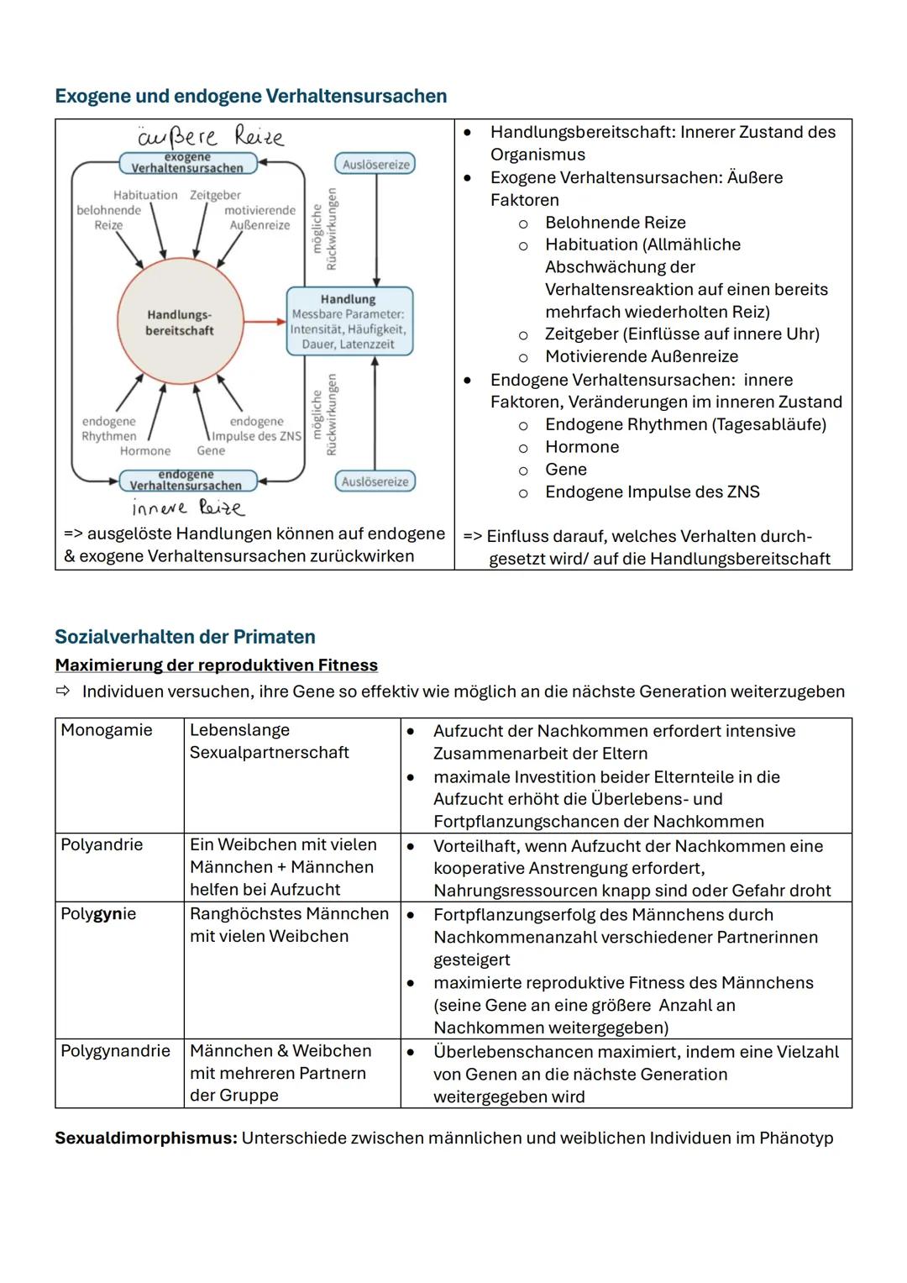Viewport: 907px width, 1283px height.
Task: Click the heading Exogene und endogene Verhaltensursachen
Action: point(250,96)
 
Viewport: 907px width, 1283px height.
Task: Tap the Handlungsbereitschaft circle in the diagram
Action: point(179,323)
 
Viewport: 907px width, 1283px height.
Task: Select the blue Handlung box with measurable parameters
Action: point(349,321)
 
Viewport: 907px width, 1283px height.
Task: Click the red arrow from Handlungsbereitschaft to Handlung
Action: point(265,321)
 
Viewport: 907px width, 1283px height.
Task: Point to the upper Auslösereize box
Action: point(375,164)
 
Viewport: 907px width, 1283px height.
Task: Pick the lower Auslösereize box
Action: point(375,481)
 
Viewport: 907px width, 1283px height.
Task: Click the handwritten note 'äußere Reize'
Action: point(210,136)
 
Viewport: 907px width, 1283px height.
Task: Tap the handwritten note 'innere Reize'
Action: point(187,507)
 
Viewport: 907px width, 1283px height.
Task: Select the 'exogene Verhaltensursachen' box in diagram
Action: point(187,163)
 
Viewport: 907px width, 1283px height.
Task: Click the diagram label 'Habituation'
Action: point(145,195)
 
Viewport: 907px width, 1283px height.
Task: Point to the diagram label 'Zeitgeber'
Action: point(215,195)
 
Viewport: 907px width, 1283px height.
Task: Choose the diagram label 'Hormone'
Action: point(144,451)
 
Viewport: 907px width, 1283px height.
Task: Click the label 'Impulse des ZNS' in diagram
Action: point(256,436)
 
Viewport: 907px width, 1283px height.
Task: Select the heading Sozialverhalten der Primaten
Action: point(185,637)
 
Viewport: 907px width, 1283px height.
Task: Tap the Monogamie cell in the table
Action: point(107,730)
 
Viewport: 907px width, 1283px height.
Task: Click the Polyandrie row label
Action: point(102,844)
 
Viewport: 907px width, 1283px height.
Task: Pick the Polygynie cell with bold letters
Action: point(98,913)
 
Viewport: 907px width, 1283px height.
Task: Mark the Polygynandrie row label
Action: point(115,1051)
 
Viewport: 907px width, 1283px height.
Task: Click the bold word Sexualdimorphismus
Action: point(145,1138)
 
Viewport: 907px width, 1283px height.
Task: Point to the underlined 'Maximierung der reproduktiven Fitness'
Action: point(216,665)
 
